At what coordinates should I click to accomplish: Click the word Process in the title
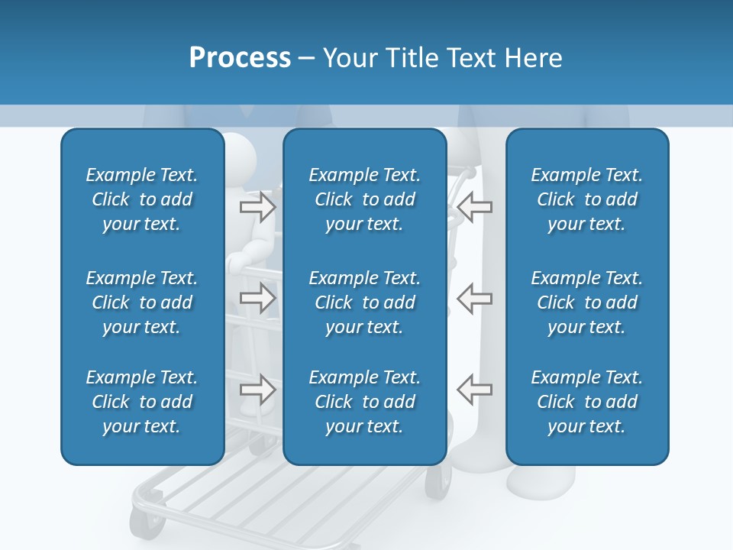[240, 58]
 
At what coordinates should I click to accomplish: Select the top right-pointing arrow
[257, 206]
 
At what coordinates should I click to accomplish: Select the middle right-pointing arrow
[257, 298]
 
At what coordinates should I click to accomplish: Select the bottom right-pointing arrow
[257, 390]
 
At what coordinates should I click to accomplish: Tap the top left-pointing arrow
[474, 206]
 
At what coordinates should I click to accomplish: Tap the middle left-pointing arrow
[474, 298]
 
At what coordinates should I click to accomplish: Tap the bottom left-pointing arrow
[474, 390]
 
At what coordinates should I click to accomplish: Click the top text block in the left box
[142, 199]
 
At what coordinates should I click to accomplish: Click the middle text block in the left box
[142, 302]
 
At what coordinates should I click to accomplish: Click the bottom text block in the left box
[142, 402]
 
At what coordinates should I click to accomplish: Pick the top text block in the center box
[364, 199]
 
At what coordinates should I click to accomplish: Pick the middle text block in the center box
[364, 302]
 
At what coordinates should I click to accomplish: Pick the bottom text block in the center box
[364, 402]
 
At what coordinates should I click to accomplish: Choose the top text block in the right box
[586, 199]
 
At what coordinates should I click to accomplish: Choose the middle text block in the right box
[586, 302]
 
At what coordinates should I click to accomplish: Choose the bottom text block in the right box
[586, 402]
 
